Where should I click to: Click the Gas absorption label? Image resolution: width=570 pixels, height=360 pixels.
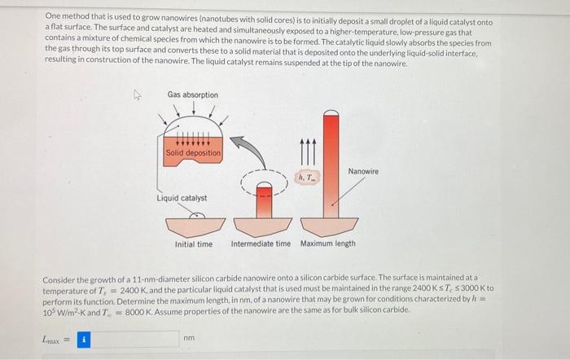tap(193, 95)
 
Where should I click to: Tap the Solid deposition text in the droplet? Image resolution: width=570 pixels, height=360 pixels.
tap(193, 153)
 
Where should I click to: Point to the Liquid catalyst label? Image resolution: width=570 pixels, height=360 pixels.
tap(182, 198)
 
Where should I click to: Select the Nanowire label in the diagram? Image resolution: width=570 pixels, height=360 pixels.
tap(362, 171)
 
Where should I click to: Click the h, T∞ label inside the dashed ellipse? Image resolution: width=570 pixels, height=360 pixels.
tap(309, 177)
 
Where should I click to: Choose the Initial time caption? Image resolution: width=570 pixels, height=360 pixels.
tap(194, 244)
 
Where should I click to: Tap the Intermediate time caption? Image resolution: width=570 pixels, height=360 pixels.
tap(261, 244)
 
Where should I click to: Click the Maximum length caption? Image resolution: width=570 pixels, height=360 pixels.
tap(328, 244)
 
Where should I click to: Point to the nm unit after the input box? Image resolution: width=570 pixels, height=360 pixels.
tap(189, 338)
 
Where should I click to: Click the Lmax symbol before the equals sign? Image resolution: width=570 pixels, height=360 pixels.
tap(51, 338)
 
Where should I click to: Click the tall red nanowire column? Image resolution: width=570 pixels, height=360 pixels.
tap(331, 163)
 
